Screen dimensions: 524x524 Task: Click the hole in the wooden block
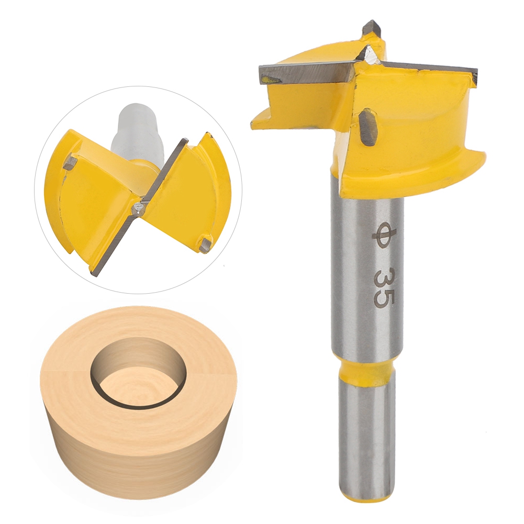point(137,373)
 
